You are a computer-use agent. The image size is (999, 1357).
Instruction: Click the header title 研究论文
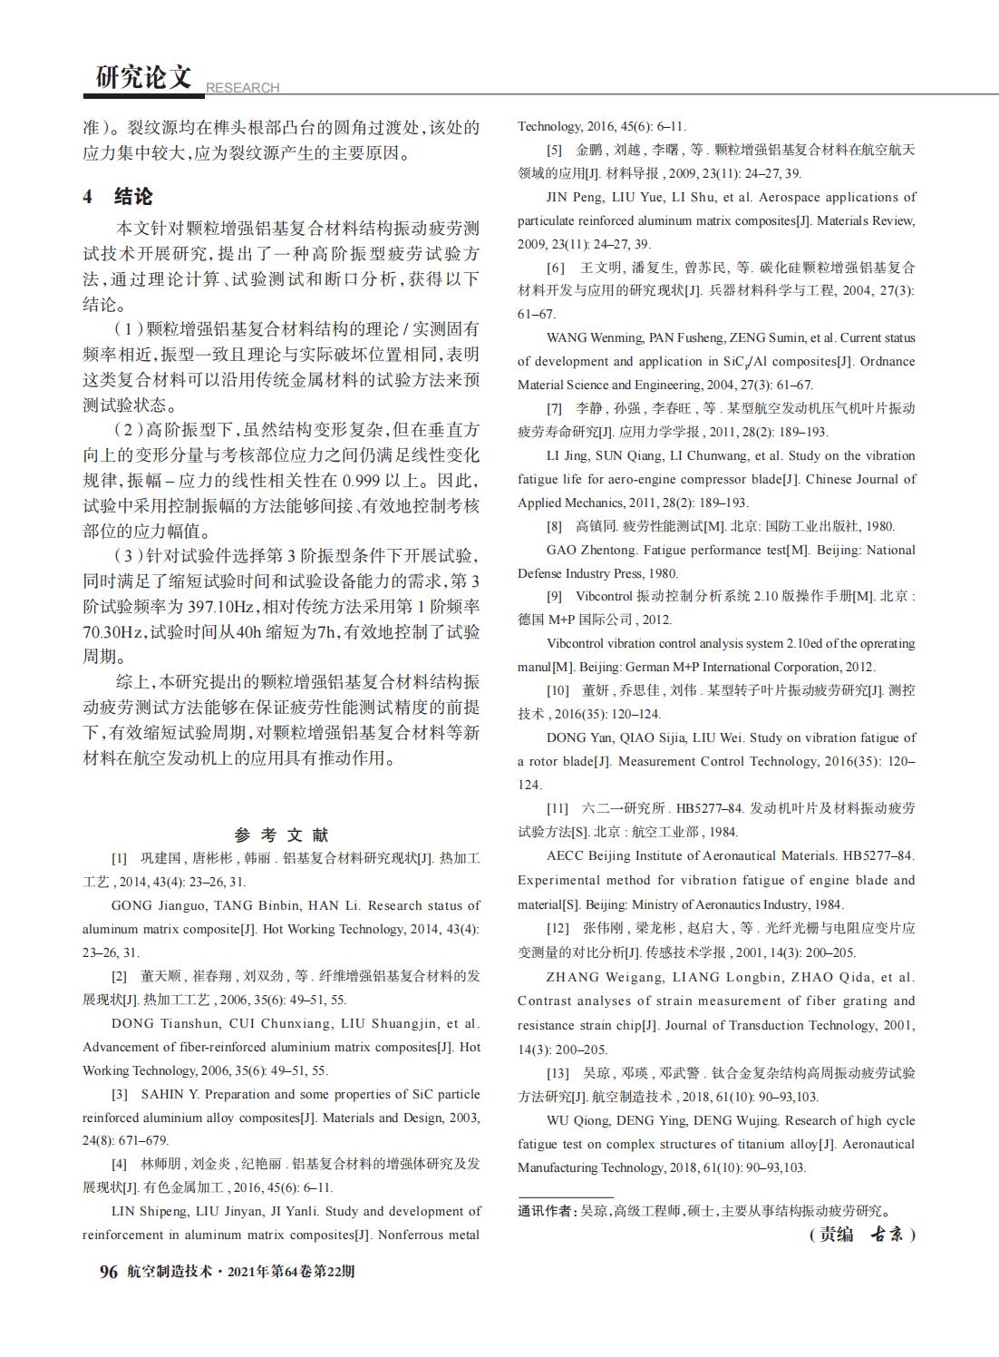[x=144, y=78]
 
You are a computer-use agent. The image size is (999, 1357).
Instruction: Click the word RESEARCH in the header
[x=242, y=88]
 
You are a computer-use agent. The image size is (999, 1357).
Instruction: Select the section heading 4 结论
[x=118, y=196]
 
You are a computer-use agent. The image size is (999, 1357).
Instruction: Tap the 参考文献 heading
[x=281, y=835]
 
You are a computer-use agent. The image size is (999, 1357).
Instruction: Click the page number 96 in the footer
[x=108, y=1272]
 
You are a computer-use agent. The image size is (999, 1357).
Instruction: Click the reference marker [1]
[x=119, y=858]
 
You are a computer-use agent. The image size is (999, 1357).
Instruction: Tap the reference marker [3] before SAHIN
[x=119, y=1094]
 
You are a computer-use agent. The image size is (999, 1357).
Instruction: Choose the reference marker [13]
[x=558, y=1073]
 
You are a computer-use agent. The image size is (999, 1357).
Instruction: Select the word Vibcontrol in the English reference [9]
[x=577, y=643]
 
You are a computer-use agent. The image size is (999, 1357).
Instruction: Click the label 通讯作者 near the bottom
[x=546, y=1211]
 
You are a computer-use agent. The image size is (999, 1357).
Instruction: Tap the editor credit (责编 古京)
[x=861, y=1235]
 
